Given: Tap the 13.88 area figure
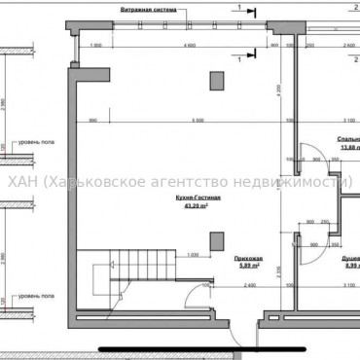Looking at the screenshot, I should (x=348, y=146).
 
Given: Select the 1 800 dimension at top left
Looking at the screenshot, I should (x=95, y=47).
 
